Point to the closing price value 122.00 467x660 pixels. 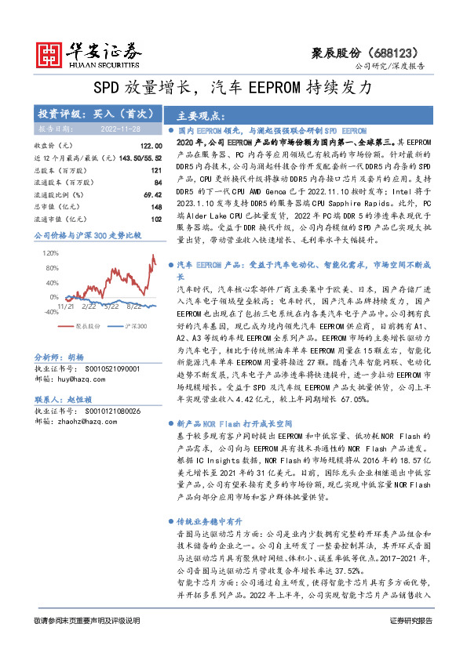(x=151, y=146)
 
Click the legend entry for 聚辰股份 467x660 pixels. (x=87, y=325)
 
